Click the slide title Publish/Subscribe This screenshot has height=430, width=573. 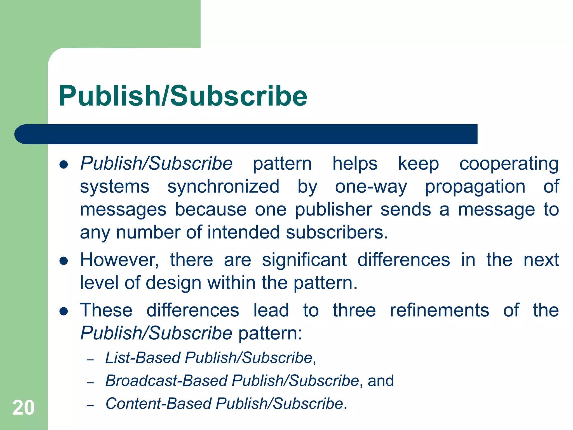pyautogui.click(x=183, y=96)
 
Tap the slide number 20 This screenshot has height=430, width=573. pyautogui.click(x=24, y=408)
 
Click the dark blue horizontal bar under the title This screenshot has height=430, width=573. pyautogui.click(x=246, y=134)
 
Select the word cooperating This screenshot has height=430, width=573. pyautogui.click(x=509, y=164)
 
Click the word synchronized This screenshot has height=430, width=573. pyautogui.click(x=223, y=187)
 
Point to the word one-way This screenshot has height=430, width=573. pyautogui.click(x=371, y=187)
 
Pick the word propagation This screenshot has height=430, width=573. pyautogui.click(x=475, y=187)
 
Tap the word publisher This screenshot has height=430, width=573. pyautogui.click(x=334, y=209)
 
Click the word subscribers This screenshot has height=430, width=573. pyautogui.click(x=337, y=232)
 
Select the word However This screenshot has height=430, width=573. pyautogui.click(x=119, y=260)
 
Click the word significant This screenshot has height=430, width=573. pyautogui.click(x=304, y=260)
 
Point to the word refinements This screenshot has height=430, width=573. pyautogui.click(x=439, y=310)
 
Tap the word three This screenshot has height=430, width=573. pyautogui.click(x=354, y=310)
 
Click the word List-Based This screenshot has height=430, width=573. pyautogui.click(x=143, y=358)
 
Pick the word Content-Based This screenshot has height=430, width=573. pyautogui.click(x=158, y=404)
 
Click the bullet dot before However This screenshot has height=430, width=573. pyautogui.click(x=64, y=261)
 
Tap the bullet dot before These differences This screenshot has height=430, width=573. pyautogui.click(x=64, y=312)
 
